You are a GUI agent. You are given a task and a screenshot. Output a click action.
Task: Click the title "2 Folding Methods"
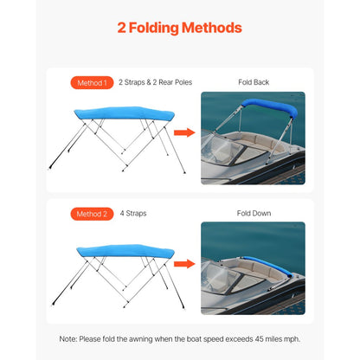pyautogui.click(x=179, y=28)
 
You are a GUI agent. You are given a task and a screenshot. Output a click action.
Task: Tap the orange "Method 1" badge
pyautogui.click(x=92, y=83)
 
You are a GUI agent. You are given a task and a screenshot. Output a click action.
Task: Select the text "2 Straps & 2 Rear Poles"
pyautogui.click(x=155, y=83)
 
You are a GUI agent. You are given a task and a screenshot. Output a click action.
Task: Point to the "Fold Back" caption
pyautogui.click(x=253, y=83)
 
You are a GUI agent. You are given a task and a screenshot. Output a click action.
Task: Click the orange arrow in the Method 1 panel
pyautogui.click(x=183, y=132)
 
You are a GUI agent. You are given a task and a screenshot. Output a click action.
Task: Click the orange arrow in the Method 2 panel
pyautogui.click(x=183, y=263)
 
